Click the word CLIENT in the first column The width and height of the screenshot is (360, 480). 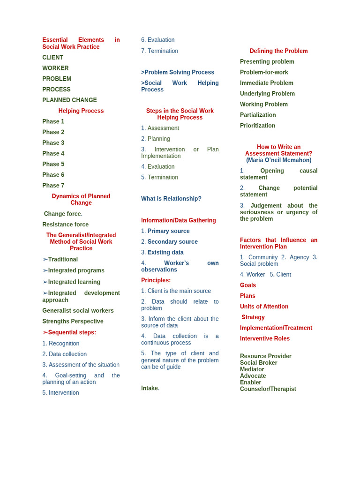52,57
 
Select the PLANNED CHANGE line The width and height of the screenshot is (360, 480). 69,100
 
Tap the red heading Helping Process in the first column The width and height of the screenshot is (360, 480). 81,111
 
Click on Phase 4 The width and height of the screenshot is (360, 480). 53,153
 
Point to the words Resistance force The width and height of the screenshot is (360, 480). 65,225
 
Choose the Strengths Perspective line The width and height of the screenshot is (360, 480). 73,321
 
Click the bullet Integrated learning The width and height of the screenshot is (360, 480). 74,282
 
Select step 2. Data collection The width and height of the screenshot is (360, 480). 64,354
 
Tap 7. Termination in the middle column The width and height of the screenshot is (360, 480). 159,51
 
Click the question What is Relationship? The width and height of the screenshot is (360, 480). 171,199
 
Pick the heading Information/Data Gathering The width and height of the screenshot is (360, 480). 179,220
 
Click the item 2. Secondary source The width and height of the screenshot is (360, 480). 169,242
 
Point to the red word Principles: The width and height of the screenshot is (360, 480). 156,280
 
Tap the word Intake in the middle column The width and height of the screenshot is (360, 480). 150,388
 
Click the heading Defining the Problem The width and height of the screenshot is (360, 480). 278,51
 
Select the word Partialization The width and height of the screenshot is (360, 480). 258,115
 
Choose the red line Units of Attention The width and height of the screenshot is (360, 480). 264,307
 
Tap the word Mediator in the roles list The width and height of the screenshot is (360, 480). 252,369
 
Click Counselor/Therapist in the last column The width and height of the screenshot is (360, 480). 268,389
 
